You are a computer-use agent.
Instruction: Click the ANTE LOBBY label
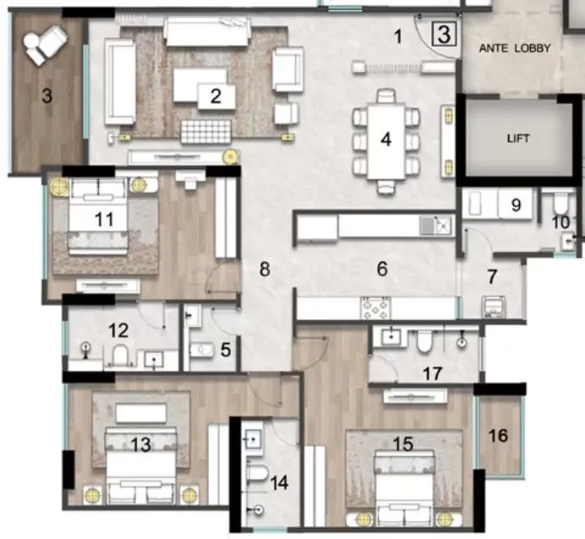(515, 49)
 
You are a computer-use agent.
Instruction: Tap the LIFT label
(517, 139)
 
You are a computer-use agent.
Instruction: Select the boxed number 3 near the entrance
(446, 35)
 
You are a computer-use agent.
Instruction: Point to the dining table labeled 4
(385, 139)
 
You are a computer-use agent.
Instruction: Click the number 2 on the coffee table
(216, 96)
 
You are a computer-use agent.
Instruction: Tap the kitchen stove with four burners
(375, 308)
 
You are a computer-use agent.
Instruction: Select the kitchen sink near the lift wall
(440, 226)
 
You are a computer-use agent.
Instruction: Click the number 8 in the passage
(265, 269)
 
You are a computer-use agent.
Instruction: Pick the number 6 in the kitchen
(382, 269)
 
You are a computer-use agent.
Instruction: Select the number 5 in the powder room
(224, 348)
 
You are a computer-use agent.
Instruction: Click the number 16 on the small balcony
(499, 435)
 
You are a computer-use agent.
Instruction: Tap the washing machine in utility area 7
(495, 306)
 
